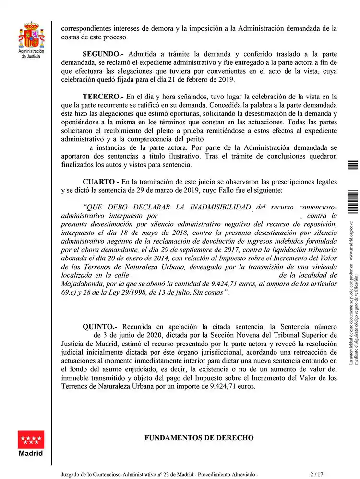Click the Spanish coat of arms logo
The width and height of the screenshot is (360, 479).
(31, 34)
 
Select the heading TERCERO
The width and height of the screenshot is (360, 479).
(100, 96)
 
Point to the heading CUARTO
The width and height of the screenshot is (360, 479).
(99, 182)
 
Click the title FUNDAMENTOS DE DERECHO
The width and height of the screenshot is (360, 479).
(199, 438)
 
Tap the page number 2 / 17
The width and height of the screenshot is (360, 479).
(317, 474)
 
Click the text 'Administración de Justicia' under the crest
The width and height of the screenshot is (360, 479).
(31, 53)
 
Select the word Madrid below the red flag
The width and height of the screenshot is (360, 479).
(31, 454)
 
